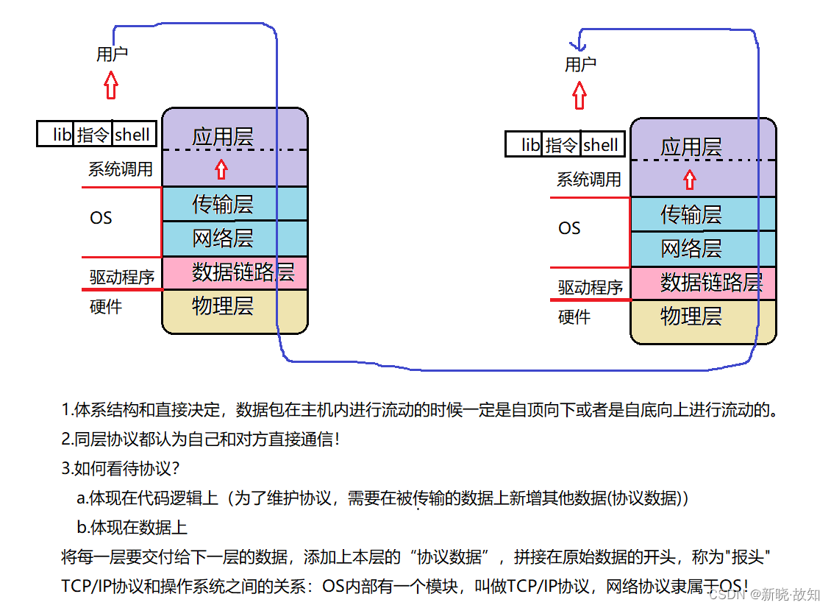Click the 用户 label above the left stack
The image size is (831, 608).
(x=113, y=54)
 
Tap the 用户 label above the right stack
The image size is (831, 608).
(x=580, y=64)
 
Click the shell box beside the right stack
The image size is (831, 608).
(x=601, y=145)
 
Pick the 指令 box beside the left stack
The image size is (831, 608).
(x=93, y=134)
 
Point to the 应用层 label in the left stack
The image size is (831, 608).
(x=223, y=136)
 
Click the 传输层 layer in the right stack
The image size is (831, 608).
(x=691, y=214)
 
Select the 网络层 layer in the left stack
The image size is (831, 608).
(x=223, y=238)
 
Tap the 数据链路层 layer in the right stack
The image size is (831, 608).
(x=710, y=282)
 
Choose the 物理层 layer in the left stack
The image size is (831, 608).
(x=223, y=305)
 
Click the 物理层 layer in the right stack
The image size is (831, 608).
(x=691, y=317)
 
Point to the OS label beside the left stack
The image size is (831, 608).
(x=101, y=218)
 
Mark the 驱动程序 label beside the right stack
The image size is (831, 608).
(x=590, y=287)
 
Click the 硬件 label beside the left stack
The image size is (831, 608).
(x=105, y=306)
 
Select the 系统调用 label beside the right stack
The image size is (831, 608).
(x=589, y=180)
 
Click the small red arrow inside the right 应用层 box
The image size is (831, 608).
(x=689, y=179)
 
